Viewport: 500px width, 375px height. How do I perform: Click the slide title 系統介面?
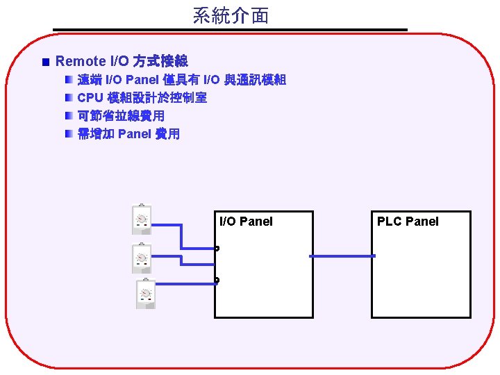point(231,16)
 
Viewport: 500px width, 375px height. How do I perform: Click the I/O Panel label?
point(246,222)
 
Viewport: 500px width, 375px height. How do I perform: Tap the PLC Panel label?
point(408,222)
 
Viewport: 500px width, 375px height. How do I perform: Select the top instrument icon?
point(142,219)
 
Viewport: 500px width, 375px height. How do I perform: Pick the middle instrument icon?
point(142,258)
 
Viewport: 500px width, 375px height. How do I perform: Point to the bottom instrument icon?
point(146,294)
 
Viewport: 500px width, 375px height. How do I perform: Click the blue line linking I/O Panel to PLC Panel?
point(342,256)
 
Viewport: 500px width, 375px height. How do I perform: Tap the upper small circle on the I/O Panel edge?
point(217,249)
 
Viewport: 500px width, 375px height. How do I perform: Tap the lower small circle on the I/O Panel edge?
point(217,281)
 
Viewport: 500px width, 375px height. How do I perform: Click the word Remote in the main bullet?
point(81,62)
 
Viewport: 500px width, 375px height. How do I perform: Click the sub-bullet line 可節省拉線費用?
point(121,116)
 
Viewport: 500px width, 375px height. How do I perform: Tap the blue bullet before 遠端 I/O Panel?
point(69,80)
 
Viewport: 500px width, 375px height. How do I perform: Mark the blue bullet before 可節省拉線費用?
point(69,116)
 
